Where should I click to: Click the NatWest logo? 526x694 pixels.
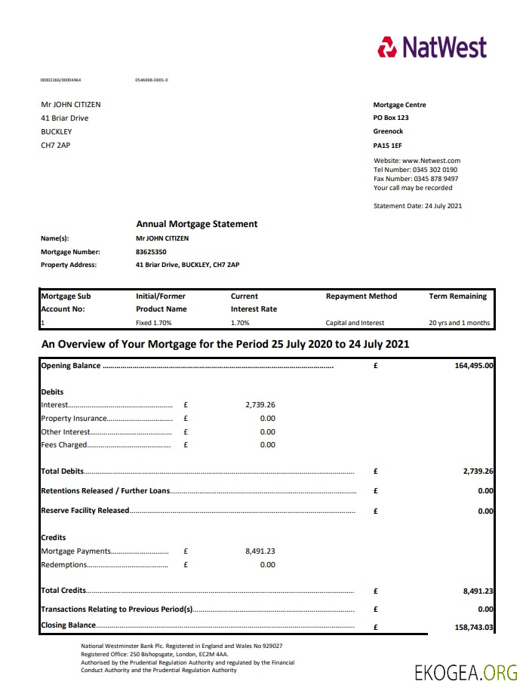pyautogui.click(x=432, y=47)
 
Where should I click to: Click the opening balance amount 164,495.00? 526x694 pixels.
pyautogui.click(x=473, y=366)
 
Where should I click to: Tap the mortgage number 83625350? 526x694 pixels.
pyautogui.click(x=151, y=252)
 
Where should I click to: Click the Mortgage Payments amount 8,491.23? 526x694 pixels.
pyautogui.click(x=260, y=551)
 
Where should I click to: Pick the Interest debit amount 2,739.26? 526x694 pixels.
pyautogui.click(x=260, y=405)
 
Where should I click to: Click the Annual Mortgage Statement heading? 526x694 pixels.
pyautogui.click(x=196, y=224)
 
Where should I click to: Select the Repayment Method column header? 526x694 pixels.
pyautogui.click(x=361, y=296)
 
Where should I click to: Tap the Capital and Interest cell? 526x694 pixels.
pyautogui.click(x=355, y=323)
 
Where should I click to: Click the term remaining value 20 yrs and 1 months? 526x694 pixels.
pyautogui.click(x=460, y=323)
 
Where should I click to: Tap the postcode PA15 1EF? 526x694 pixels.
pyautogui.click(x=389, y=144)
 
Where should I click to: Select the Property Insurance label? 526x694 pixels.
pyautogui.click(x=74, y=419)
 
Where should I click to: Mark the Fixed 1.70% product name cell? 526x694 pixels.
pyautogui.click(x=154, y=323)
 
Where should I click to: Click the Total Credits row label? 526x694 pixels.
pyautogui.click(x=63, y=591)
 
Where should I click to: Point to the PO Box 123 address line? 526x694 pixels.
pyautogui.click(x=391, y=118)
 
